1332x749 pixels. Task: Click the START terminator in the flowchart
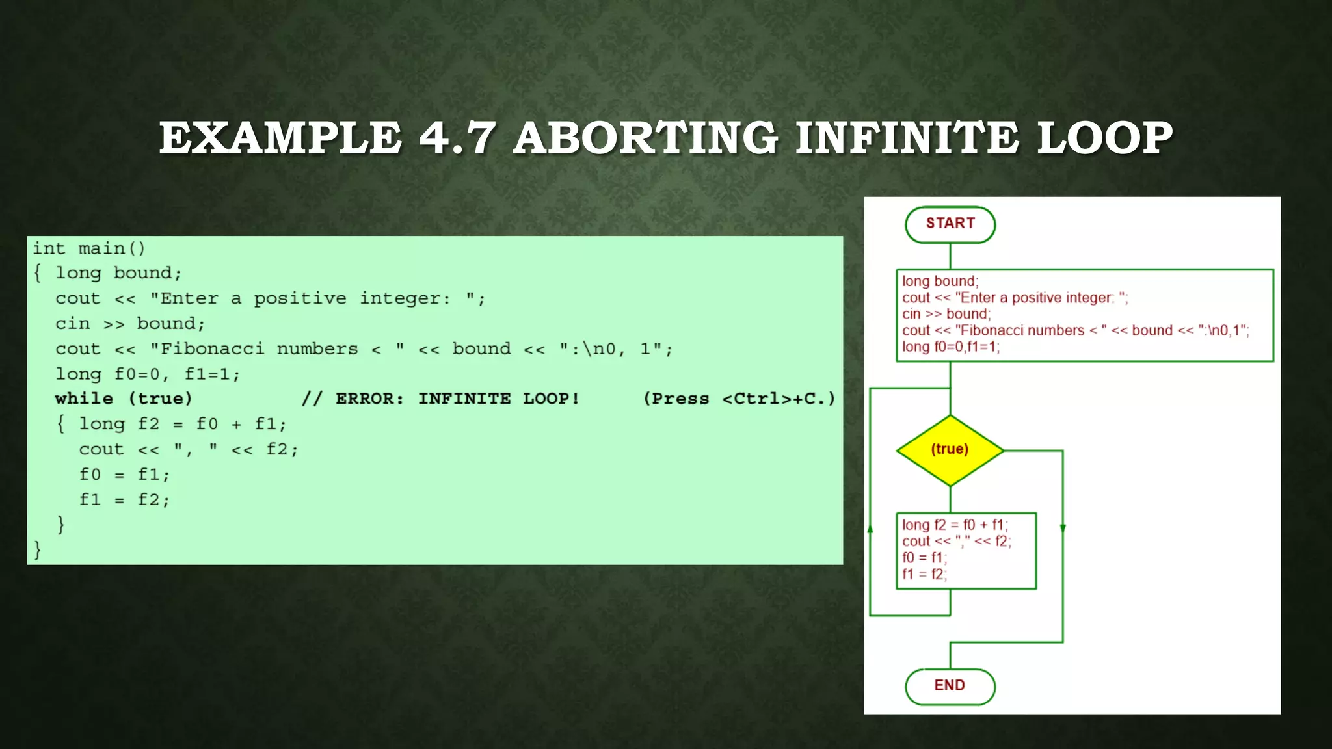point(950,224)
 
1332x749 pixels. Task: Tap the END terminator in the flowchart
point(950,686)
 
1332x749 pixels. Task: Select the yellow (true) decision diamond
point(950,449)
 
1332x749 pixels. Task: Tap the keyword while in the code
point(84,399)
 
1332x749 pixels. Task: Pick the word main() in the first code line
point(111,248)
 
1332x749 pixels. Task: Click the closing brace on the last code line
point(37,550)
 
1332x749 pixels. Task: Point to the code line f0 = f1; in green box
point(124,475)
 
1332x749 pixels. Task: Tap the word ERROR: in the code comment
point(369,399)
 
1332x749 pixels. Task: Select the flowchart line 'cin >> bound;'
point(946,314)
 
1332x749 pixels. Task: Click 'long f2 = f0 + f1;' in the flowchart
point(954,525)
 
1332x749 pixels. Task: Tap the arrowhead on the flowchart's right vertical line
point(1063,529)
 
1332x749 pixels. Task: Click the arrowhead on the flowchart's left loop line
point(870,529)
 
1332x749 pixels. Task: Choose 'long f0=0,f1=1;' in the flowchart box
point(950,347)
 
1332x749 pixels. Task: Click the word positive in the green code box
point(300,298)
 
